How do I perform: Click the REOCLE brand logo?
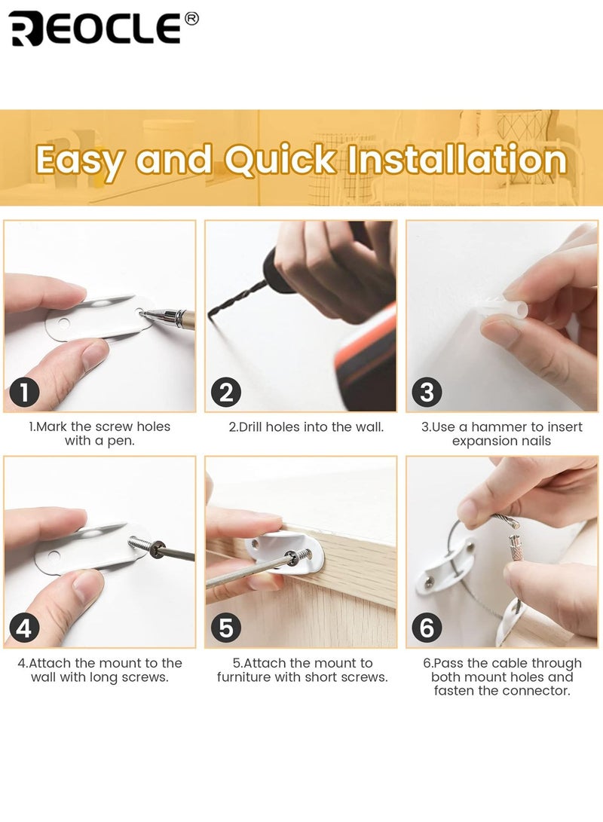tap(94, 29)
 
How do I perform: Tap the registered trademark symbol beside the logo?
tap(191, 19)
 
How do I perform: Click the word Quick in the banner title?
tap(279, 160)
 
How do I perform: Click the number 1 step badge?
tap(24, 393)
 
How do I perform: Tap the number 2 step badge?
tap(225, 393)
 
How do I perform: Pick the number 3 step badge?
tap(427, 393)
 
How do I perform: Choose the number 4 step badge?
tap(24, 628)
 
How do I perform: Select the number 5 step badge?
tap(225, 628)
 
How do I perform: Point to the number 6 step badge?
tap(427, 628)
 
